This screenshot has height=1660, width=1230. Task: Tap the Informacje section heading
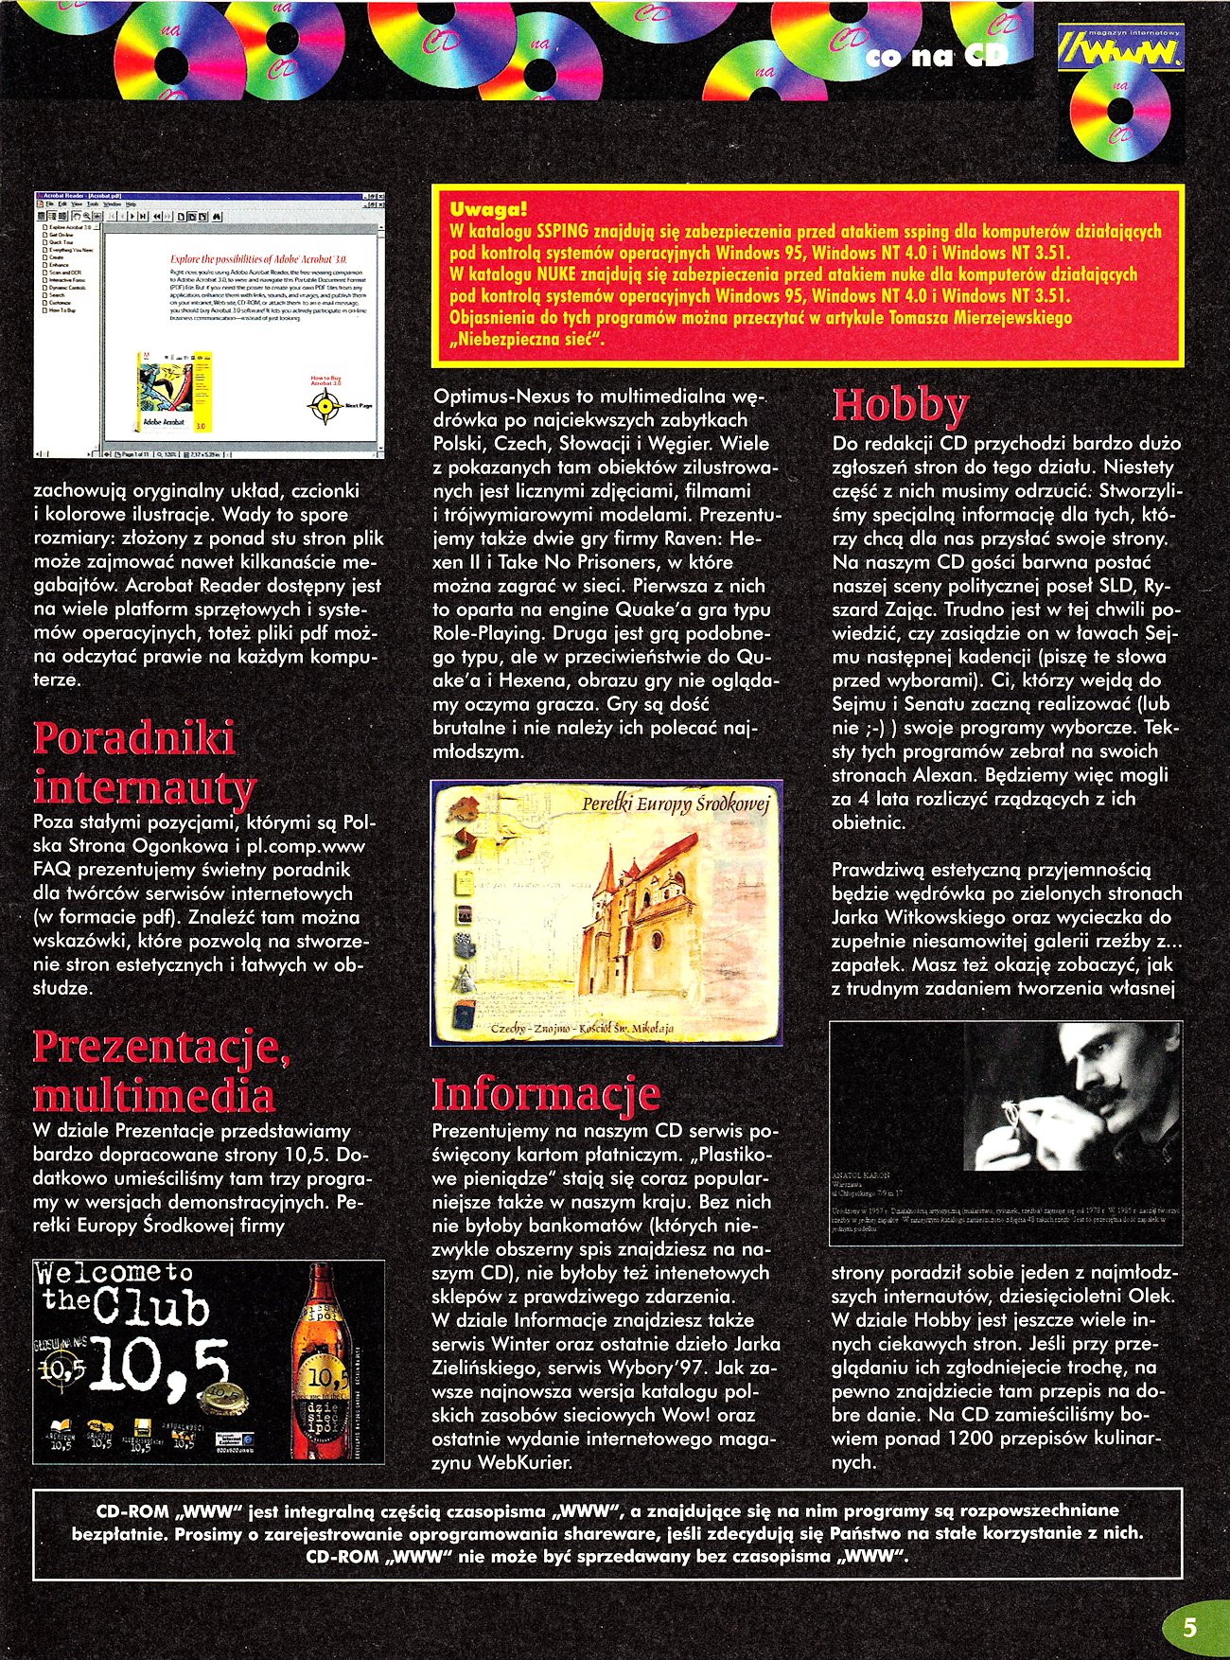click(545, 1094)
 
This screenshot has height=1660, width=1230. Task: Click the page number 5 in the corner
click(1189, 1627)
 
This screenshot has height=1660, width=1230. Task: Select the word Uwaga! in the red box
click(488, 209)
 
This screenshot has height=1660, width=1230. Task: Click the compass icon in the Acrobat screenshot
click(325, 405)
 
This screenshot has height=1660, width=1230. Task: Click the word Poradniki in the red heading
click(134, 738)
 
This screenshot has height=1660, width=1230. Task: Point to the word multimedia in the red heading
click(153, 1095)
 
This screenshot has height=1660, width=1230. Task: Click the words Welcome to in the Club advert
click(114, 1273)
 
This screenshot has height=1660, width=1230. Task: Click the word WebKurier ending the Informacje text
click(524, 1462)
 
